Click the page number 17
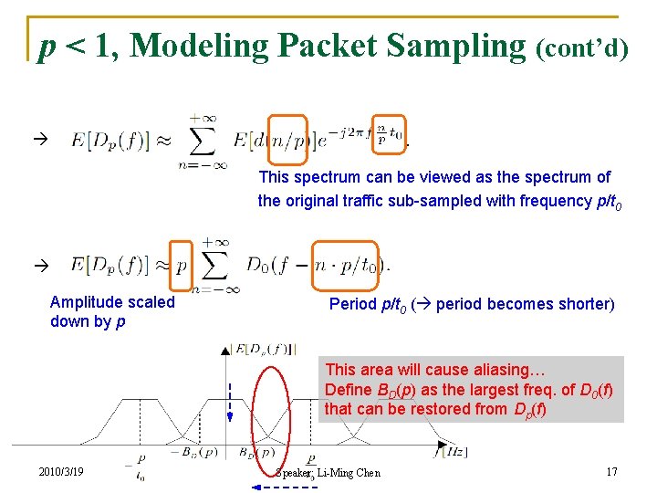611,472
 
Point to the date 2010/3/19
61,472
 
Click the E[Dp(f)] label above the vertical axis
263,347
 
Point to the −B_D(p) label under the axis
194,451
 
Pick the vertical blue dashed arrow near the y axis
230,402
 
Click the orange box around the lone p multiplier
181,265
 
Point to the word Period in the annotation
351,303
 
